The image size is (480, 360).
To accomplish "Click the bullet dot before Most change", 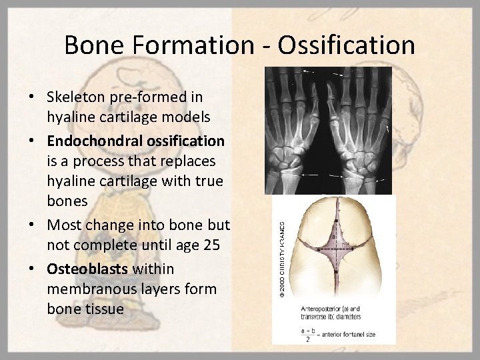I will [x=33, y=225].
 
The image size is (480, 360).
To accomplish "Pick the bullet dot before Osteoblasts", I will [x=33, y=269].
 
